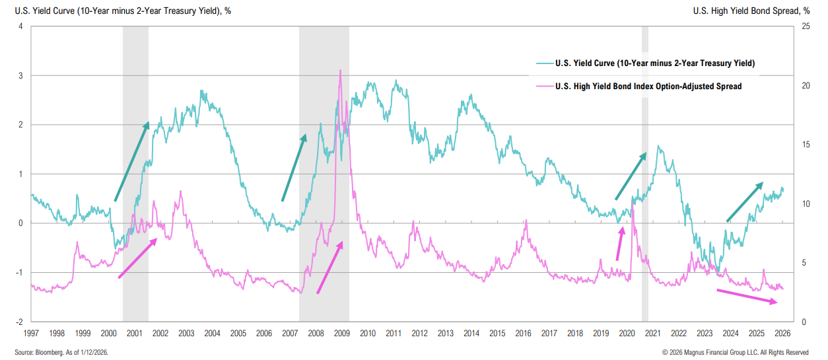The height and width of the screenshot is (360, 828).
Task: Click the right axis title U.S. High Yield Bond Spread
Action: coord(751,11)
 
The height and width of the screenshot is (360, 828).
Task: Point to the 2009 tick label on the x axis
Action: coord(341,334)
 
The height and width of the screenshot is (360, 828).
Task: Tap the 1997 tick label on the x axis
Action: coord(30,334)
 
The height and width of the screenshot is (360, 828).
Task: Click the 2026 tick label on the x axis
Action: coord(782,334)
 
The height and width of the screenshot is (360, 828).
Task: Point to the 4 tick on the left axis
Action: coord(21,26)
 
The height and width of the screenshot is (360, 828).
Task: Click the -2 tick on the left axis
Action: coord(20,322)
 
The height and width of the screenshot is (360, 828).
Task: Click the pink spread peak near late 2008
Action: coord(340,71)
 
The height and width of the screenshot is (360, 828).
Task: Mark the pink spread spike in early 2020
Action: coord(633,206)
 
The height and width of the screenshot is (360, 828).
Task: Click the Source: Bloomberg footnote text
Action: coord(61,352)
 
